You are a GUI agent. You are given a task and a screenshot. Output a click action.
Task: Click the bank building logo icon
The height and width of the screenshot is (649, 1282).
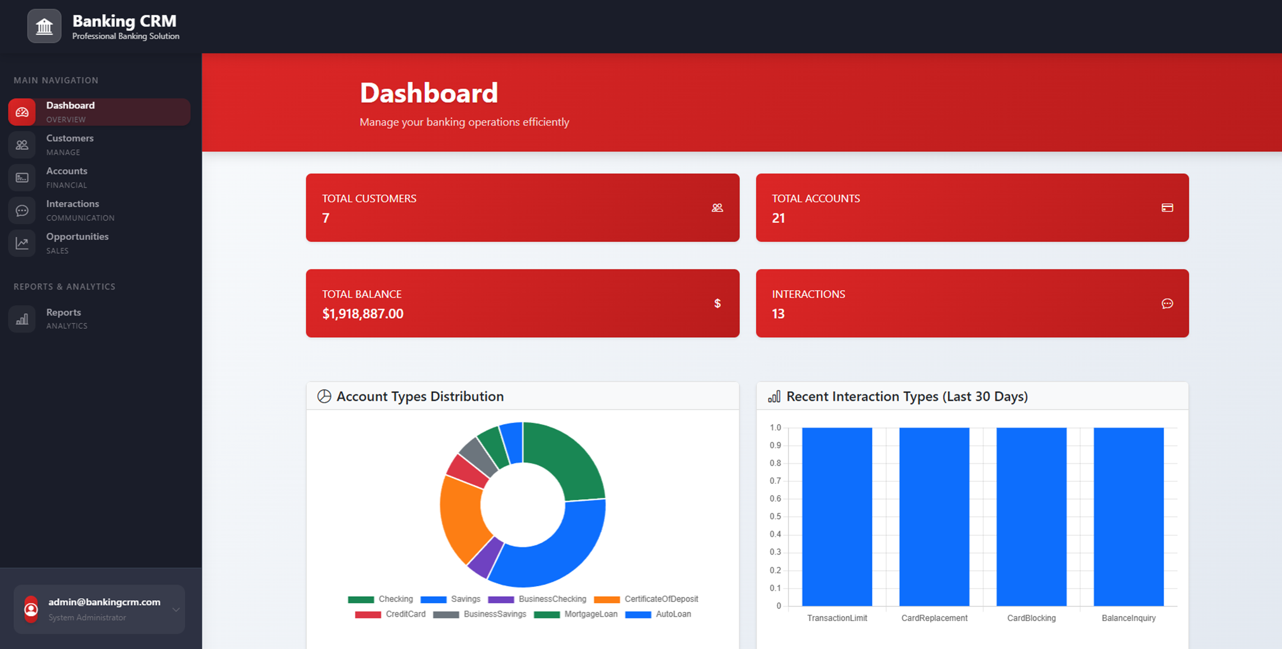click(44, 27)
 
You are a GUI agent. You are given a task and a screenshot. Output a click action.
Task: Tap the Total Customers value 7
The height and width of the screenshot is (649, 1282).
click(326, 218)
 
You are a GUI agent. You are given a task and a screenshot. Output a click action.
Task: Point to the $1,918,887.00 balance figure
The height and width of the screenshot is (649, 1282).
click(363, 314)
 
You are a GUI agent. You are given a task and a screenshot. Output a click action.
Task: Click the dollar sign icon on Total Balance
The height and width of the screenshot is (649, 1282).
click(717, 304)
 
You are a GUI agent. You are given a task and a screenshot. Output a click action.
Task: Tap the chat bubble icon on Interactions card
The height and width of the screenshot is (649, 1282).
click(1167, 304)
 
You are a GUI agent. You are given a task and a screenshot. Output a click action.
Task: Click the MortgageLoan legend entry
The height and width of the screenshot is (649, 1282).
click(576, 614)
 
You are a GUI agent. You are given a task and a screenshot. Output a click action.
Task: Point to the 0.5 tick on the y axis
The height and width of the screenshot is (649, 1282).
click(775, 516)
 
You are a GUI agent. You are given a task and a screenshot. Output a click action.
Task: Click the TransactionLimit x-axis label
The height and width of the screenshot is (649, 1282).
click(837, 618)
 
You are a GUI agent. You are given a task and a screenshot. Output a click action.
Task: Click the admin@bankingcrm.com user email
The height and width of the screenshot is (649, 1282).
click(104, 602)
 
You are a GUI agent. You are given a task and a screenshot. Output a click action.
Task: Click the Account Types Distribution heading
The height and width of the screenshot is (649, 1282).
click(420, 396)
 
